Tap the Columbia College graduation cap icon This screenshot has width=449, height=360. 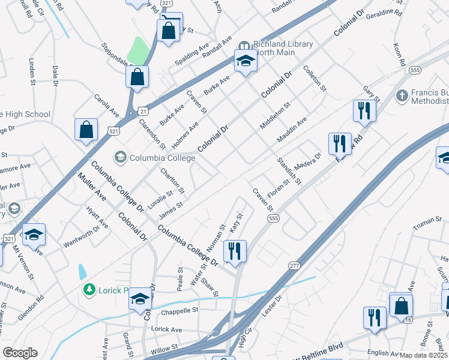coord(120,157)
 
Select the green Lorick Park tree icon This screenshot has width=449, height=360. coord(89,290)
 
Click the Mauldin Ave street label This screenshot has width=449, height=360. coord(292,130)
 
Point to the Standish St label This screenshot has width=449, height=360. coord(289,170)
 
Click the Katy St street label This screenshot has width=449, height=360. coord(235,223)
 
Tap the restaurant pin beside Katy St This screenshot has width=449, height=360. coord(235,251)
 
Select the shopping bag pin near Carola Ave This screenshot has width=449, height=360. coord(86,130)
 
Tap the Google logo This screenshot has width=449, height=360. coord(19,353)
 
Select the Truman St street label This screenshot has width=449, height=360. coord(427,221)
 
